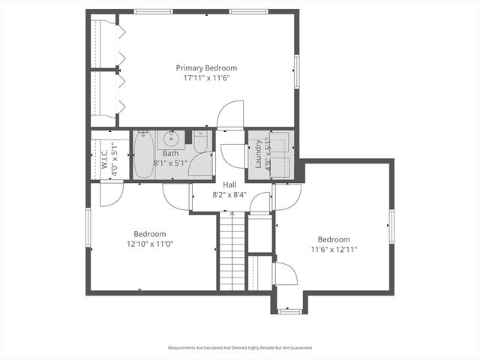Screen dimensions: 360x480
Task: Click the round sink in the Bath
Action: pos(173,138)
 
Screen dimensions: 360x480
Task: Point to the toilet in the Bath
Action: pos(200,141)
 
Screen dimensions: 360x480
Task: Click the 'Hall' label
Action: pos(229,184)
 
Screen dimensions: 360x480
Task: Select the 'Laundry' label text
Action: pos(258,154)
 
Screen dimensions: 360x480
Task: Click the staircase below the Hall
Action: pos(232,250)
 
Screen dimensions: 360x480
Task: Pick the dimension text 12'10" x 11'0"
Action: pos(150,243)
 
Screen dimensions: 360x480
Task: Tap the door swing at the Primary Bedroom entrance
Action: pos(230,114)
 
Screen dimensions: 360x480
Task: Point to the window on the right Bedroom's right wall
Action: pos(391,226)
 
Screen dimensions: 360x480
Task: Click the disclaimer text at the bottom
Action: pos(239,348)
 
